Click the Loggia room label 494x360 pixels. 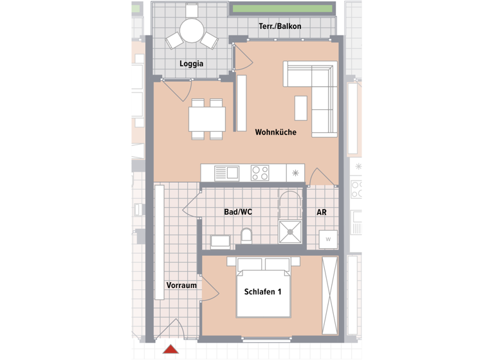[x=192, y=64]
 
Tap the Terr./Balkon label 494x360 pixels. [x=279, y=26]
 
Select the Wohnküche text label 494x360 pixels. [x=275, y=132]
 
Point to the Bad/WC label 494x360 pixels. [x=237, y=212]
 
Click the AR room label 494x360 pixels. [x=322, y=212]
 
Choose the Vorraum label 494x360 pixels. [x=181, y=285]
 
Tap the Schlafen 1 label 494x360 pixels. [x=263, y=292]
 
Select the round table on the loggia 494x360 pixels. [x=192, y=30]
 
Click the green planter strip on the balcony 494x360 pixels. [x=282, y=9]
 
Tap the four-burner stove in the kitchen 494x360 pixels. [x=260, y=173]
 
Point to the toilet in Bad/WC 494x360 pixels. [x=246, y=238]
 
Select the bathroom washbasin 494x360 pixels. [x=221, y=242]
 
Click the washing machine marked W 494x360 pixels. [x=328, y=239]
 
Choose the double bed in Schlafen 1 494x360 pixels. [x=263, y=288]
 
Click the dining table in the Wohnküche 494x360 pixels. [x=207, y=118]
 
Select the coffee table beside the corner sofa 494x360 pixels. [x=301, y=107]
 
